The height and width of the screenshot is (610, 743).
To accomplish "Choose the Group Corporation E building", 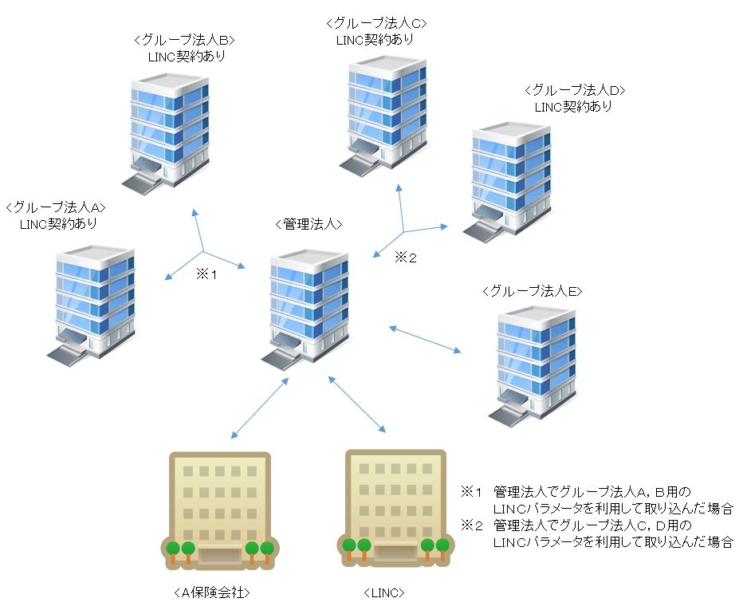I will [x=535, y=363].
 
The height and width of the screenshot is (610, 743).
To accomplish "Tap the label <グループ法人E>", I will [x=533, y=292].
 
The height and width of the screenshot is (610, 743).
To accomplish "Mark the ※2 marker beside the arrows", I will [x=406, y=258].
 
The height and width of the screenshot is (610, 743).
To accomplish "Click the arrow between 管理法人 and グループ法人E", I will [x=426, y=339].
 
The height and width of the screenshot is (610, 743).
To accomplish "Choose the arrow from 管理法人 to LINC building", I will [x=357, y=404].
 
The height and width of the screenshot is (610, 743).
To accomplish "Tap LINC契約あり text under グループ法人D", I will [x=573, y=106].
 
